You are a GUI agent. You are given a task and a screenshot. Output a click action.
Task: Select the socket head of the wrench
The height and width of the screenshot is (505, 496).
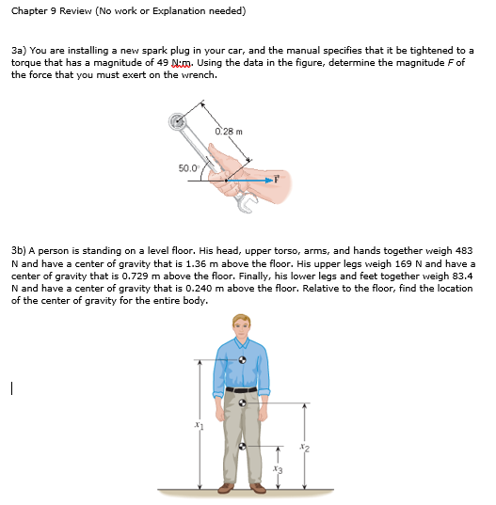click(x=176, y=120)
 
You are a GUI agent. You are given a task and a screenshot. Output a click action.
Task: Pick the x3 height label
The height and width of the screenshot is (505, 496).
click(x=276, y=467)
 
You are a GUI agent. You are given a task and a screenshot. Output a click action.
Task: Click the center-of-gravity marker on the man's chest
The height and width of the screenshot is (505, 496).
click(x=243, y=359)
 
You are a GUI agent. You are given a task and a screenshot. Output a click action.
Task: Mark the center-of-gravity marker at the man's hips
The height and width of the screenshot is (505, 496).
click(x=243, y=402)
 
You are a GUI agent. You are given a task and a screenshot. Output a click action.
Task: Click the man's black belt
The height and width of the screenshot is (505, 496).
click(x=241, y=389)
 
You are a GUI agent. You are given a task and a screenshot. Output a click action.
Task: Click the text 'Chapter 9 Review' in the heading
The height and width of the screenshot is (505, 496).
click(x=46, y=11)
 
